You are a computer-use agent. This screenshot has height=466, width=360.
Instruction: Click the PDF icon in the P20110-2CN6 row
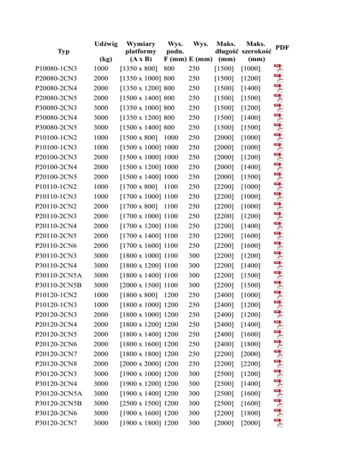click(x=279, y=246)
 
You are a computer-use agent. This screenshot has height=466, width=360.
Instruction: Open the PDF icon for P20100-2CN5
click(x=279, y=177)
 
